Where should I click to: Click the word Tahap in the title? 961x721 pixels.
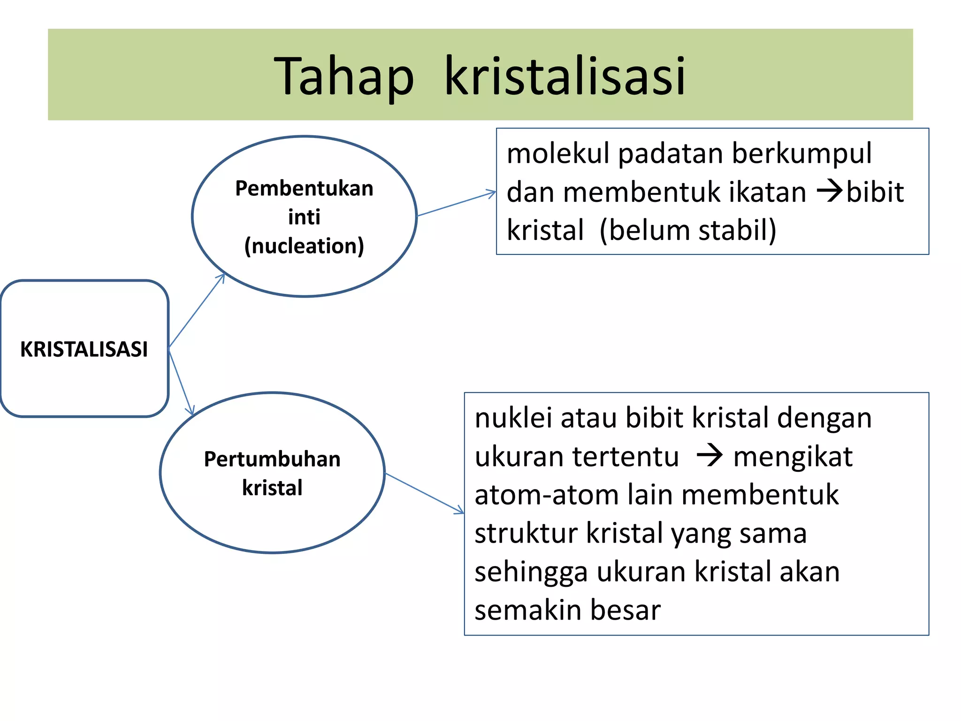coord(344,76)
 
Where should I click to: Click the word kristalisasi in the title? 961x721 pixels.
coord(564,76)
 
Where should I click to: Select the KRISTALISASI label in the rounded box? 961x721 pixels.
coord(84,349)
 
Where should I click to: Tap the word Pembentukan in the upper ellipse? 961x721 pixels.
coord(304,188)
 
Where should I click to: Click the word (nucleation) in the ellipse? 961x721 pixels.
coord(304,246)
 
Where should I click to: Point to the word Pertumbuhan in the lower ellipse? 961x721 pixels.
coord(272,459)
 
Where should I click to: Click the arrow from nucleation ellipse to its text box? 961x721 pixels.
coord(456,204)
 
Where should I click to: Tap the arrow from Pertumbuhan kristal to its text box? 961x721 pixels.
coord(425,493)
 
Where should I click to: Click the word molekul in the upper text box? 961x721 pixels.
coord(558,153)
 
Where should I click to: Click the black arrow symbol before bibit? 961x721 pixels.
coord(830,192)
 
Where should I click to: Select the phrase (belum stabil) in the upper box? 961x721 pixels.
coord(688,230)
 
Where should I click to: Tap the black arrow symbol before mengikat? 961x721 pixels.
coord(709,456)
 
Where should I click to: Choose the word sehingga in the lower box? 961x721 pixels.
coord(531,572)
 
